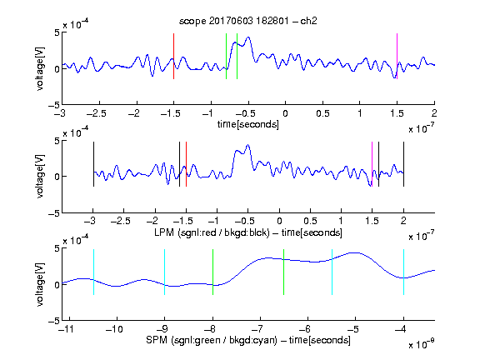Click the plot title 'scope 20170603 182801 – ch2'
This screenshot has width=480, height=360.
pos(248,21)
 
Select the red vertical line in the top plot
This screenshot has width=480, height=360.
pos(173,57)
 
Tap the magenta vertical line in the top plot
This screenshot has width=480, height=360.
pos(397,57)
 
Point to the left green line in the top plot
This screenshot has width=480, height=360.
pos(226,57)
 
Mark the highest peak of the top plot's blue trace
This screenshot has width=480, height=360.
pos(248,37)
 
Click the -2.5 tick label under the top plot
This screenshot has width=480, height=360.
pos(97,113)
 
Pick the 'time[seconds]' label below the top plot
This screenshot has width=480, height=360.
pos(248,124)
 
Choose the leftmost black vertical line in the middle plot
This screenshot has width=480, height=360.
pos(93,164)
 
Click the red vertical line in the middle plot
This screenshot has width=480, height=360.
pos(186,164)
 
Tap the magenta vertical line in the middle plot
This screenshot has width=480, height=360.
pos(372,164)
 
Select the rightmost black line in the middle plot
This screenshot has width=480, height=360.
pos(403,164)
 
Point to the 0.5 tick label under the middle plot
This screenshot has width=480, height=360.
pos(310,221)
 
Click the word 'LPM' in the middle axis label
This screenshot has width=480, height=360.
pos(164,232)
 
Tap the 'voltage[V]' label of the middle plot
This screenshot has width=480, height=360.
pos(40,176)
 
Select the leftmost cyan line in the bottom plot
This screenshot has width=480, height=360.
pos(93,272)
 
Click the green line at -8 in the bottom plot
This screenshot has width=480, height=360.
pos(212,272)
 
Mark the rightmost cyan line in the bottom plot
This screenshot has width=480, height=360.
pos(403,272)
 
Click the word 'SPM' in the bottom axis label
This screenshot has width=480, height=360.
pos(157,340)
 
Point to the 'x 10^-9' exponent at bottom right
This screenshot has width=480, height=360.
pos(422,344)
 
